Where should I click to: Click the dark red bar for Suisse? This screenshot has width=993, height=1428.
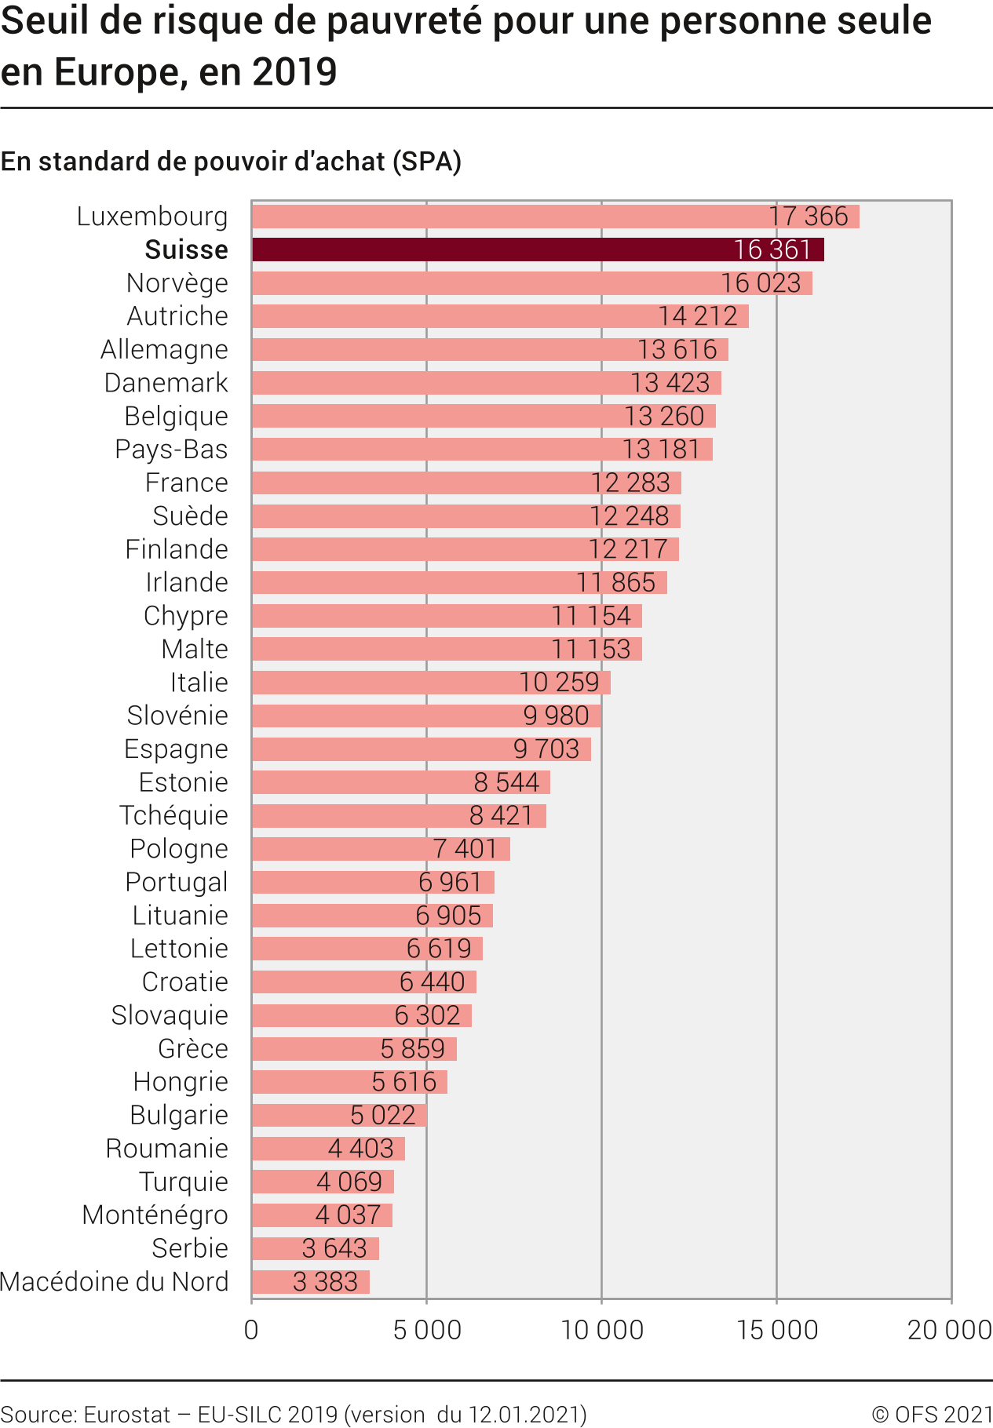pos(538,250)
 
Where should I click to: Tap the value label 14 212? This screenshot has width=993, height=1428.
pos(697,316)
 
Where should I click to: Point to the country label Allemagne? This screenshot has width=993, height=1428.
pos(164,349)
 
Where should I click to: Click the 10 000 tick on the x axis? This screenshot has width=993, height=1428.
pos(602,1330)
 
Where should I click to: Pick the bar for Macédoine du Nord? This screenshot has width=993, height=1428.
pos(310,1282)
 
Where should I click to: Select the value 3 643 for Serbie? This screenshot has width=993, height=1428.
pos(334,1248)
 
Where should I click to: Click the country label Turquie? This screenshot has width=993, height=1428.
pos(183,1182)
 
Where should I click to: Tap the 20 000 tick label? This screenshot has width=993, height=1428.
pos(949,1330)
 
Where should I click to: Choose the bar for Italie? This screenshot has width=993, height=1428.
pos(430,683)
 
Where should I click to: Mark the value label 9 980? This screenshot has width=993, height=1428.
pos(556,716)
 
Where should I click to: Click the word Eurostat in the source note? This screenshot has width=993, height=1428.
pos(126,1415)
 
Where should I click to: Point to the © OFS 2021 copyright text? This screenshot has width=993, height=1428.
pos(932,1415)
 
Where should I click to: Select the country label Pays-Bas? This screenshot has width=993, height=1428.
pos(171,450)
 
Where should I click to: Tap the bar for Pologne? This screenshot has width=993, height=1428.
pos(381,849)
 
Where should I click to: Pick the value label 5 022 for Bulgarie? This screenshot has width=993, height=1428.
pos(382,1115)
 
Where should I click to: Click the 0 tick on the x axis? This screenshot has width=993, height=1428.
pos(251,1330)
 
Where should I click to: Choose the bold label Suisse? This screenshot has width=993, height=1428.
pos(186,250)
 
